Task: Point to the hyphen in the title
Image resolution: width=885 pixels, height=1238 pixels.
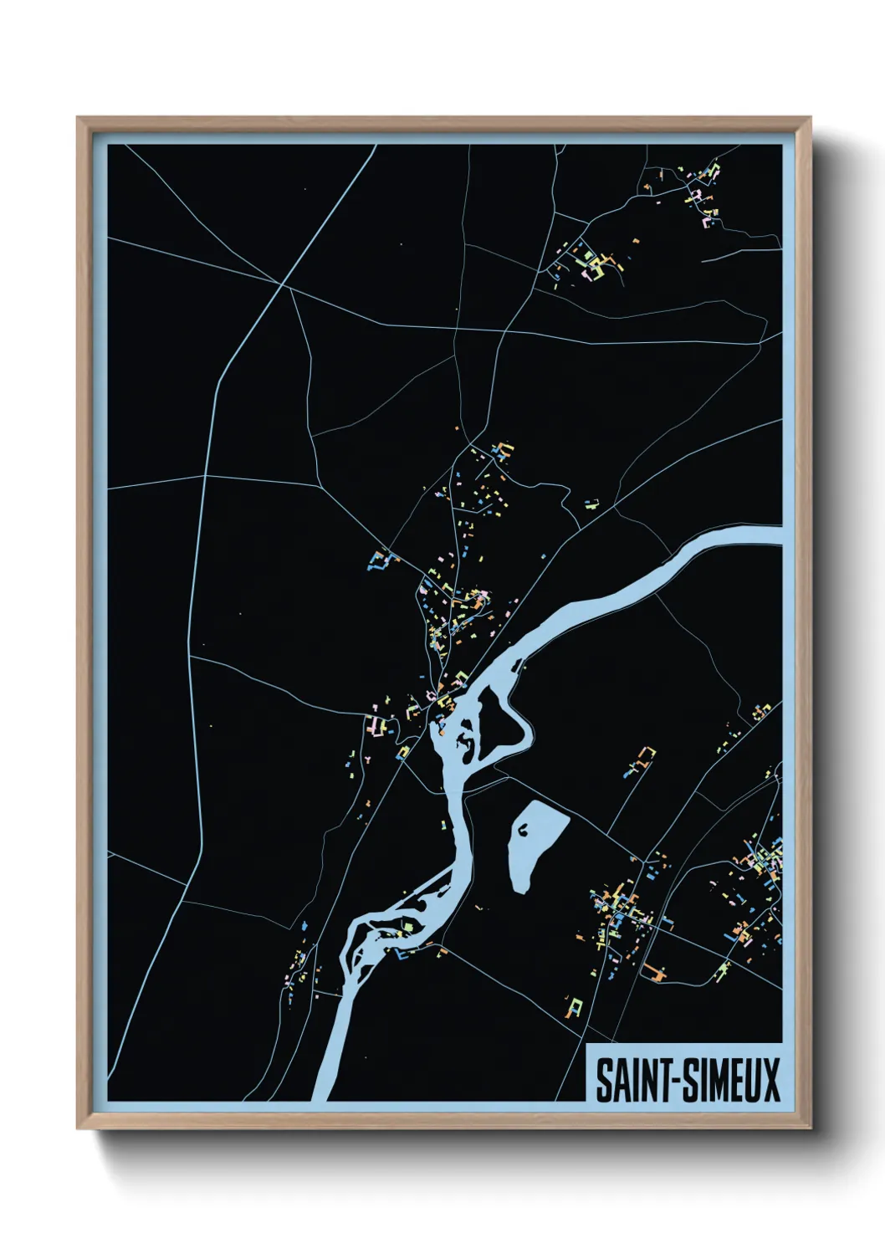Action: pos(668,1080)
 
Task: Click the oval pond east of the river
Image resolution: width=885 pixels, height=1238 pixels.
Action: pos(535,845)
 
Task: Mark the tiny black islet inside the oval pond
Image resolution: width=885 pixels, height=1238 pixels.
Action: pos(523,830)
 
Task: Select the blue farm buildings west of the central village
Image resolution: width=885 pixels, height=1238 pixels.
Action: pos(378,559)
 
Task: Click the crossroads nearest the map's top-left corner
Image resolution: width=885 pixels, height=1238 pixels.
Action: pos(283,285)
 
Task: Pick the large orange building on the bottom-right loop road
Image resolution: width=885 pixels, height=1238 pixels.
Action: pos(653,972)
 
